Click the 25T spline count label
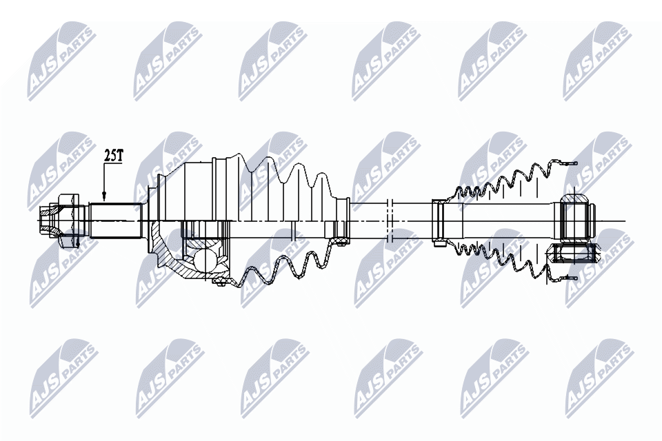click(113, 156)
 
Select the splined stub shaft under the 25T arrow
click(116, 220)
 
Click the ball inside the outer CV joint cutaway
click(205, 260)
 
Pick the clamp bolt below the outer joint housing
click(221, 280)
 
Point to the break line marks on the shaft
click(390, 220)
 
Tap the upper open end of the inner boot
click(565, 164)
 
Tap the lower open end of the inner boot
click(565, 278)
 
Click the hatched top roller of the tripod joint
click(576, 200)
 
